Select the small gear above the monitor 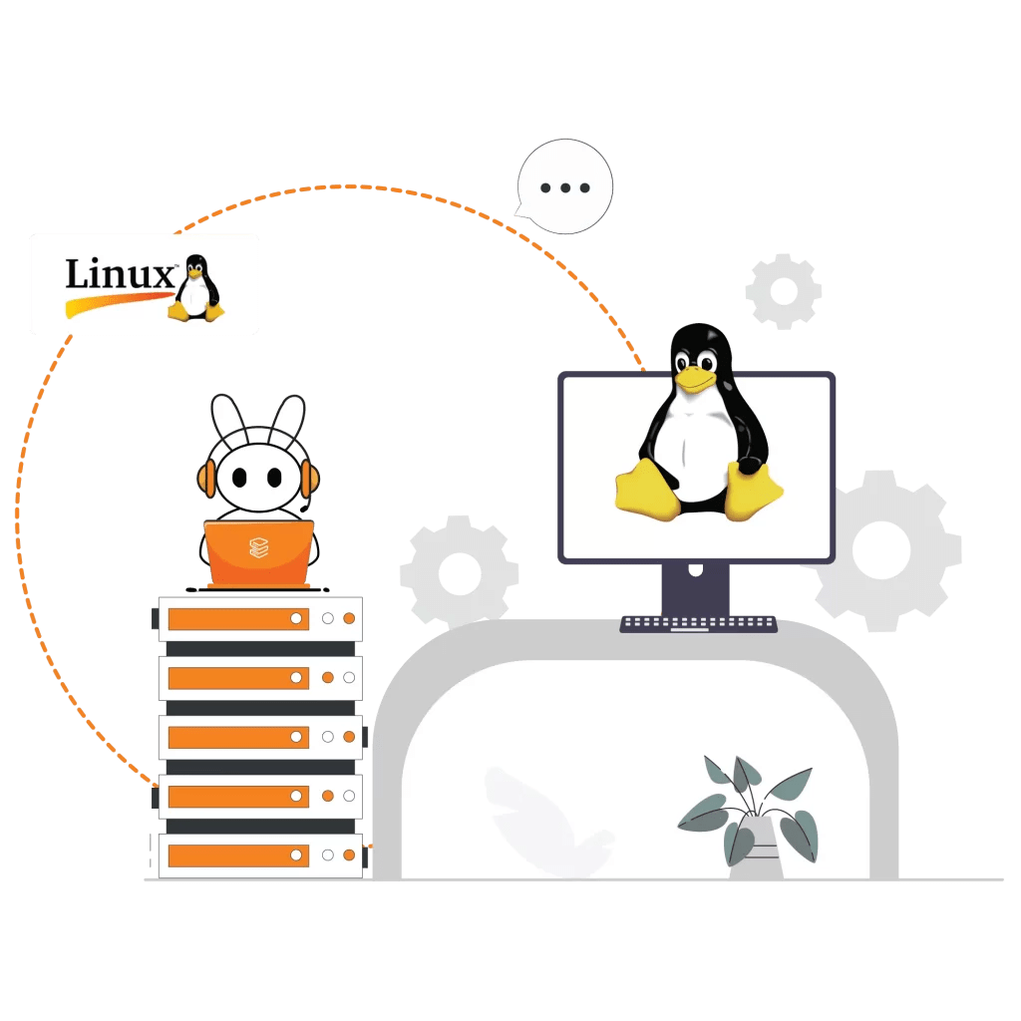click(784, 291)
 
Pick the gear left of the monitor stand click(459, 572)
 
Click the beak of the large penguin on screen click(693, 377)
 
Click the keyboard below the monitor click(698, 624)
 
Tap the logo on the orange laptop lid click(259, 546)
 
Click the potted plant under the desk click(752, 813)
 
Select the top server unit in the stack click(260, 619)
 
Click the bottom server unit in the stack click(260, 855)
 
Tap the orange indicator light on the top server click(349, 619)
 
